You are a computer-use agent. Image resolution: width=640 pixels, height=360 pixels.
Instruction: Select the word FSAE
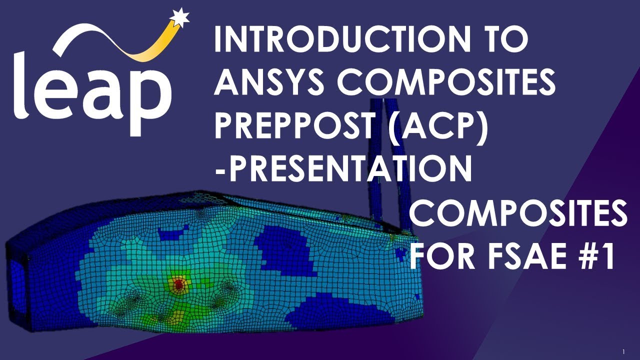point(532,256)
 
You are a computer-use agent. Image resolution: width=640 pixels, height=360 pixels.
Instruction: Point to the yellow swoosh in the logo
point(145,45)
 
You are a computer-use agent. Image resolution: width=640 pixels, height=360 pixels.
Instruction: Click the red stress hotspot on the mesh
point(178,284)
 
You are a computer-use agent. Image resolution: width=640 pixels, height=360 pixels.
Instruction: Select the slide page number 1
point(624,351)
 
